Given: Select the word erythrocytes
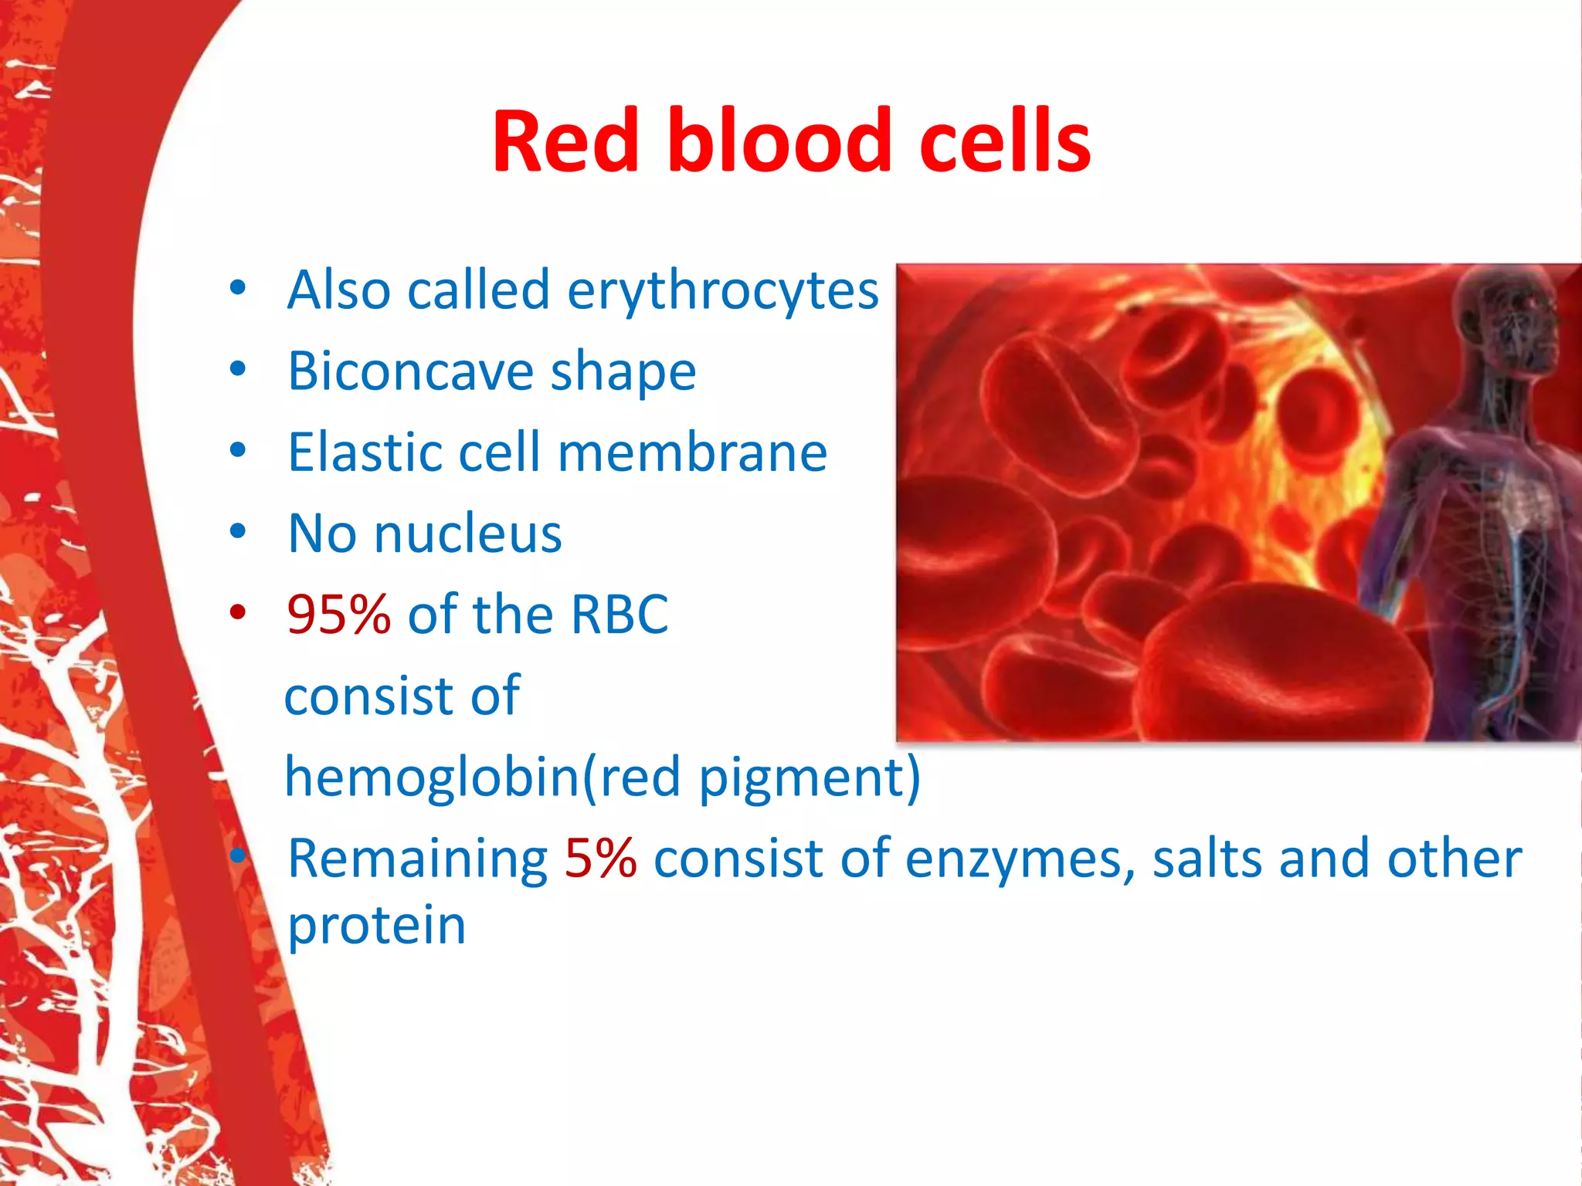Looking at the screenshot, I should [723, 291].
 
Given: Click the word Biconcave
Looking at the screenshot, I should [409, 371].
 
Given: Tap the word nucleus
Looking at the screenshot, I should [468, 534].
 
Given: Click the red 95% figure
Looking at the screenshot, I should [338, 615].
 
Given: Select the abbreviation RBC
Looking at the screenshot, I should [619, 615].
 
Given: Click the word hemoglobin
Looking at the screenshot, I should [431, 777].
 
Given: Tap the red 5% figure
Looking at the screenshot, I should [600, 859].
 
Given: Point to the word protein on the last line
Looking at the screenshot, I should [377, 927].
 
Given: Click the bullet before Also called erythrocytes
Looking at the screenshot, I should [238, 288].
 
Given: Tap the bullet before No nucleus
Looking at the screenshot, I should [238, 532].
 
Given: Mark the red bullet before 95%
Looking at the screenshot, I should [238, 613].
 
